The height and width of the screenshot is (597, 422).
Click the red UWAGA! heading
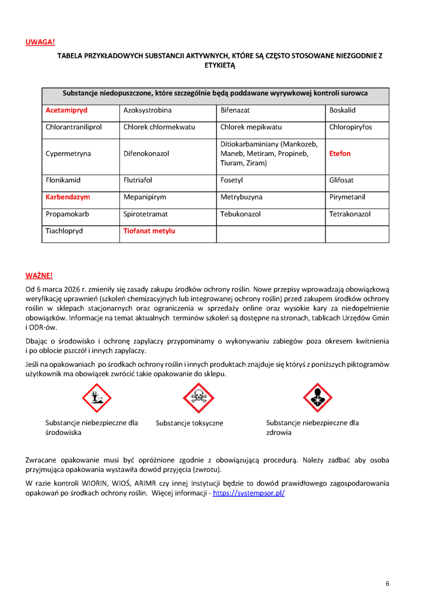point(40,42)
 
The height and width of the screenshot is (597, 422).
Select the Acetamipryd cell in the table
point(66,110)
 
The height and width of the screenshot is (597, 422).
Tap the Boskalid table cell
point(342,110)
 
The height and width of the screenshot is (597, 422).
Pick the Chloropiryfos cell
point(350,127)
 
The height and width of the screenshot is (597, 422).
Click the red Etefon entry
point(340,154)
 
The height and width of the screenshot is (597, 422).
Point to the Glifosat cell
point(341,180)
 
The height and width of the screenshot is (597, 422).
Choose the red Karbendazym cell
point(68,197)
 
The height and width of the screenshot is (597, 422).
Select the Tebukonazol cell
point(241,214)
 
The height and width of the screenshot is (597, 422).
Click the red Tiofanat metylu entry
point(149,231)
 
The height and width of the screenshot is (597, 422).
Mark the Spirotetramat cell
point(146,214)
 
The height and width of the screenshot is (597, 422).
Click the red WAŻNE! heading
point(39,275)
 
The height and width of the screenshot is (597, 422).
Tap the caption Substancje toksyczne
point(189,423)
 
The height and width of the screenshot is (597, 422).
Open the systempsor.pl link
point(249,493)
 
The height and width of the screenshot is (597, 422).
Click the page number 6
point(388,584)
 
